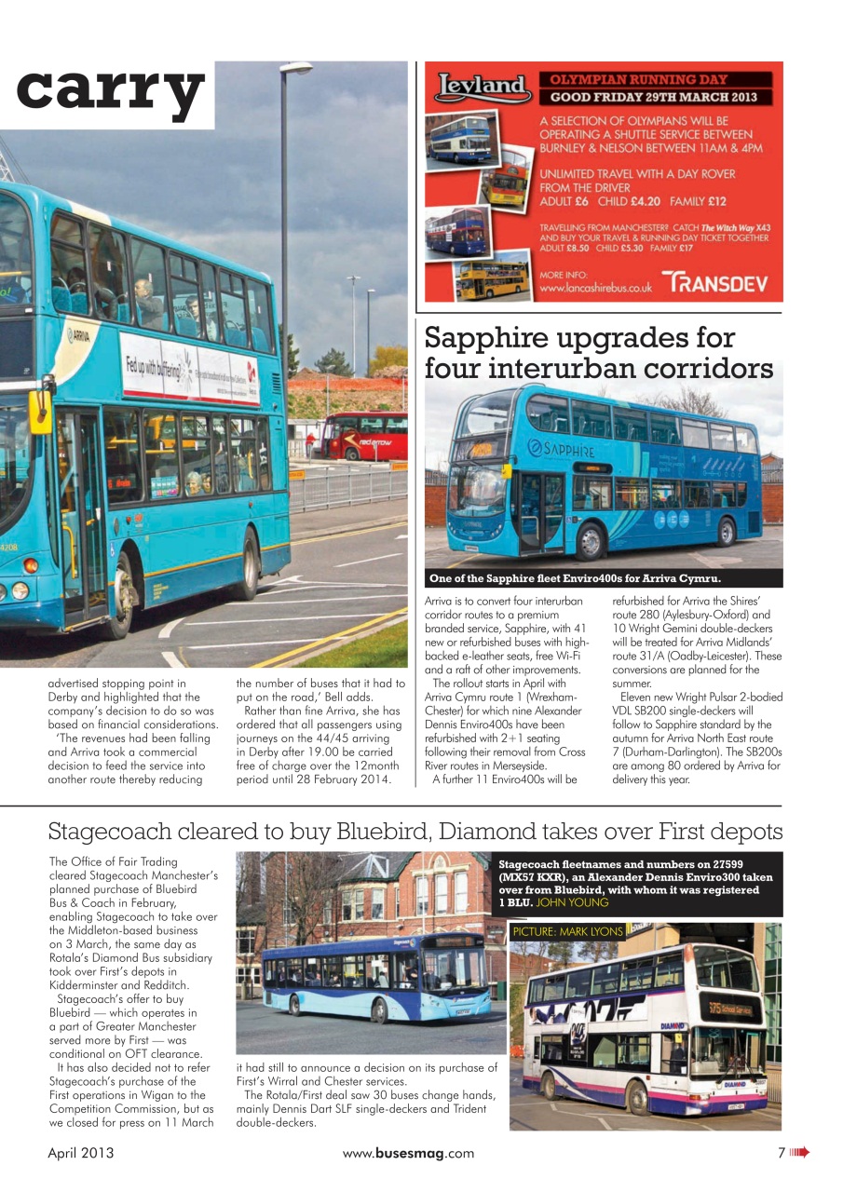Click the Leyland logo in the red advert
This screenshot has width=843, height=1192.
pyautogui.click(x=483, y=88)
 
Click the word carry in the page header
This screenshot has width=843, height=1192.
pyautogui.click(x=110, y=91)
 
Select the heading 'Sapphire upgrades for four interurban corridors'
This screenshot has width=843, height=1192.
pyautogui.click(x=598, y=352)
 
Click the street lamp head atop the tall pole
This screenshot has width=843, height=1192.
pyautogui.click(x=296, y=67)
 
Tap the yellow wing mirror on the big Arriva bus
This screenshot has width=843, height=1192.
pyautogui.click(x=40, y=411)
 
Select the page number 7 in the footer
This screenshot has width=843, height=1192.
pyautogui.click(x=782, y=1153)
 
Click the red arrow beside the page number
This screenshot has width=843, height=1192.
pyautogui.click(x=799, y=1153)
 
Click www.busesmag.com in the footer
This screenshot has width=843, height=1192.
pyautogui.click(x=408, y=1153)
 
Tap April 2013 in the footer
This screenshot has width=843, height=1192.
pyautogui.click(x=81, y=1153)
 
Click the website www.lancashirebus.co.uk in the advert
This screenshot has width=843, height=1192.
pyautogui.click(x=596, y=289)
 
